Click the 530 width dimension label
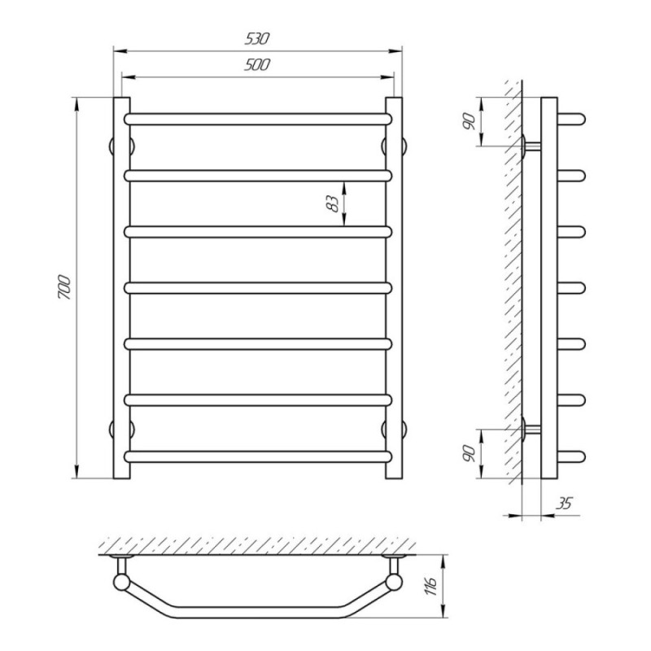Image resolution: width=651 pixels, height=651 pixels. (x=257, y=38)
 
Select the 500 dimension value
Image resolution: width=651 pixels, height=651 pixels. (x=257, y=65)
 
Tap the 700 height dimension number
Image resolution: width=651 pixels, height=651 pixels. (x=64, y=287)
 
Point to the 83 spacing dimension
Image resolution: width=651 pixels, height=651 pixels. (x=334, y=203)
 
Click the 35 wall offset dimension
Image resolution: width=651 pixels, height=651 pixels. (x=564, y=503)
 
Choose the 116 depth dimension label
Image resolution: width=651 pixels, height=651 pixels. (x=432, y=586)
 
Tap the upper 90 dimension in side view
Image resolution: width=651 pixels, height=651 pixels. (x=470, y=121)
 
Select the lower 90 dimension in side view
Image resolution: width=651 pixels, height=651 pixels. (x=470, y=453)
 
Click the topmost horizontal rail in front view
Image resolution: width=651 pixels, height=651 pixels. (x=258, y=119)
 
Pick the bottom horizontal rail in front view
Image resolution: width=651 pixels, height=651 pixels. (x=258, y=457)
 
